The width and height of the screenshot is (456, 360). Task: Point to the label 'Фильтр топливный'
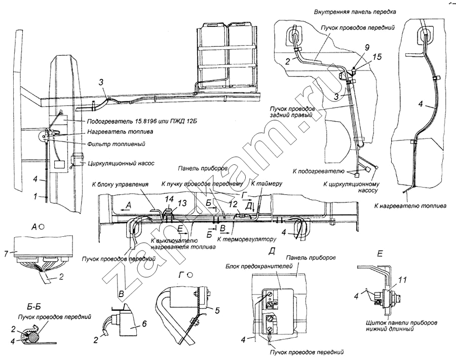[116, 143]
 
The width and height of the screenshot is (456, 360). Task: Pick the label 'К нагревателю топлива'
[410, 206]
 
